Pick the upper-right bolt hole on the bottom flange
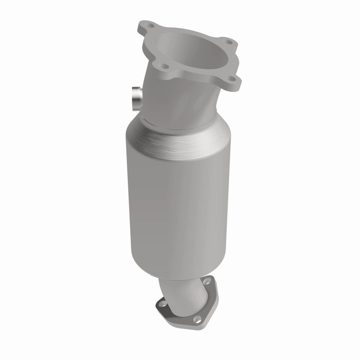point(207,284)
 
